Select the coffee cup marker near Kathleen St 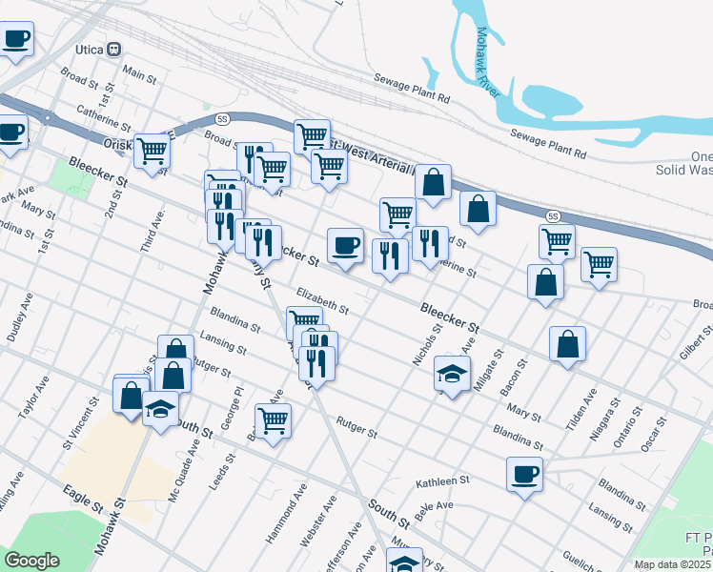[523, 474]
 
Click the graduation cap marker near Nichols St [452, 373]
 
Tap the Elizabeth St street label [322, 301]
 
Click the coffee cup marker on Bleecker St [345, 245]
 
